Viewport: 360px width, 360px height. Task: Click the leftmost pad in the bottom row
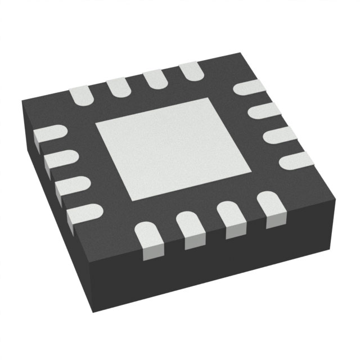(150, 238)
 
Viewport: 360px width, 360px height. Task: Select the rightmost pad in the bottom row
(269, 206)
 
